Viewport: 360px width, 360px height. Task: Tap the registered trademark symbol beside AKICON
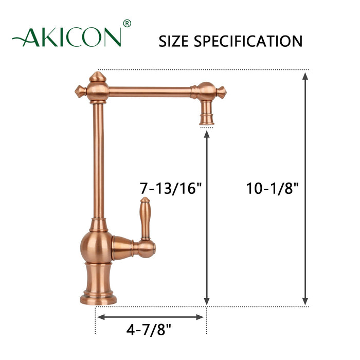[x=128, y=24]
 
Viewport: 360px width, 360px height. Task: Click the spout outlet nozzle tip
[x=206, y=120]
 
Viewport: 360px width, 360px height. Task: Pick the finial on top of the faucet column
[x=96, y=78]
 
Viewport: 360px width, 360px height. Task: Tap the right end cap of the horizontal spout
[x=222, y=92]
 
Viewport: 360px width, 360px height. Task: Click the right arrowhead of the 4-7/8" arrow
[x=202, y=317]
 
